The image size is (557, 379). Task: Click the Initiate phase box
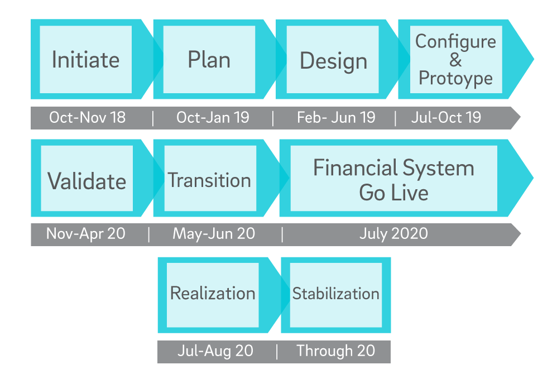(x=85, y=59)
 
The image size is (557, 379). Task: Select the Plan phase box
(x=209, y=59)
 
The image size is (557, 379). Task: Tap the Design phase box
(x=333, y=59)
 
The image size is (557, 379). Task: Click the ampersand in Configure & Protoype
(x=455, y=60)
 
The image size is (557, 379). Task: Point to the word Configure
(x=456, y=42)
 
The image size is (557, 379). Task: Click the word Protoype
(x=456, y=79)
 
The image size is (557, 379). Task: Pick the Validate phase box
(x=87, y=178)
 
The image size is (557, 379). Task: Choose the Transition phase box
(x=210, y=178)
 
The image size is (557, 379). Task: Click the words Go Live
(x=393, y=193)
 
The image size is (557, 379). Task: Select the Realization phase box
(x=213, y=295)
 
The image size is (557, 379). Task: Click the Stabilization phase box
(x=336, y=295)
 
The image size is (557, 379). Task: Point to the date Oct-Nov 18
(x=88, y=118)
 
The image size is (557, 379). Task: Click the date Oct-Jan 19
(x=213, y=118)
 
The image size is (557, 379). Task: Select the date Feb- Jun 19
(x=336, y=118)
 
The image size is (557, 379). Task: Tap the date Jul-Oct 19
(x=446, y=118)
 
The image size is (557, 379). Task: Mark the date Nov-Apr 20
(x=86, y=234)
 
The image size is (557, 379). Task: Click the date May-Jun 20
(x=214, y=234)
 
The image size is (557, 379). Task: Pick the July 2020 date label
(x=393, y=234)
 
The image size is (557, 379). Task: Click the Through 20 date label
(x=335, y=351)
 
